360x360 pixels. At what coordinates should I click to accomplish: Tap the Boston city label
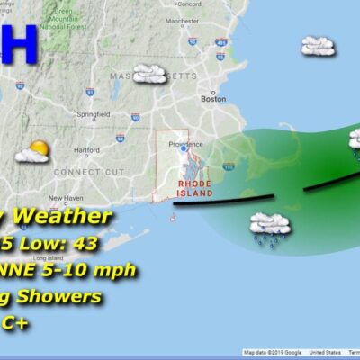[214, 99]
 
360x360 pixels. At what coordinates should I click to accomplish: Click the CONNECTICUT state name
[86, 171]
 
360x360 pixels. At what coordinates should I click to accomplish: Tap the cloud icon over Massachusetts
[149, 75]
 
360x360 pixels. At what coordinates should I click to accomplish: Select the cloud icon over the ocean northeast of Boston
[318, 45]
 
